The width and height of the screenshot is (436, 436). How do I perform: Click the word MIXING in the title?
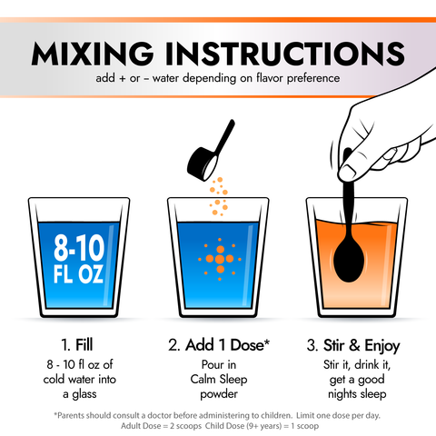coord(93,54)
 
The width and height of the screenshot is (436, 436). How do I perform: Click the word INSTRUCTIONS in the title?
coord(285,54)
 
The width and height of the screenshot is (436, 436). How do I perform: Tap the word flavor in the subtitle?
coord(270,78)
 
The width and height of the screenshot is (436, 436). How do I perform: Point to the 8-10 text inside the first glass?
coord(79,248)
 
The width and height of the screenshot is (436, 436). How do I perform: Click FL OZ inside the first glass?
coord(78,274)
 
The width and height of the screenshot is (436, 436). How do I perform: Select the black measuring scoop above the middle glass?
coord(210,152)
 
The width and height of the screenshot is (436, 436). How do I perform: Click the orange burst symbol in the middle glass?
coord(220,259)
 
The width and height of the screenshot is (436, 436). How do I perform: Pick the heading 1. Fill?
coord(77,345)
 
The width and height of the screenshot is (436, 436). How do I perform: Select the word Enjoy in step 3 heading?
coord(382,346)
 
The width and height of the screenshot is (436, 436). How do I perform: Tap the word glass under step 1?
coord(84,394)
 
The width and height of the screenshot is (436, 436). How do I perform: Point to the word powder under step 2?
coord(219,394)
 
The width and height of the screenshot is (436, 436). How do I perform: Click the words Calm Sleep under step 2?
coord(219,380)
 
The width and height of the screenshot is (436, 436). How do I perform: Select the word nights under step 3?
coord(342,394)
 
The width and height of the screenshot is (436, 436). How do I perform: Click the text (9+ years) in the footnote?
coord(264,426)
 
